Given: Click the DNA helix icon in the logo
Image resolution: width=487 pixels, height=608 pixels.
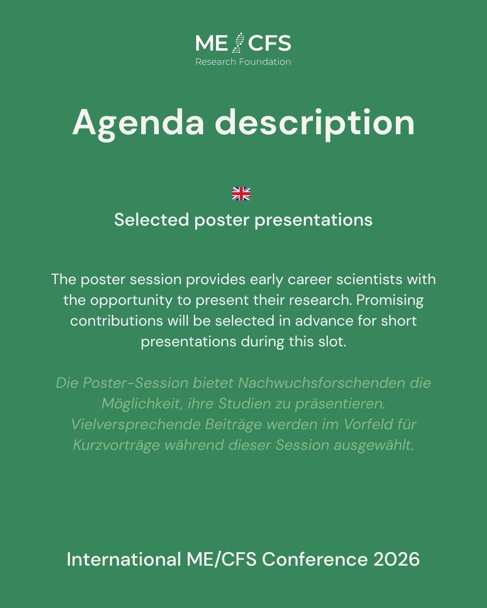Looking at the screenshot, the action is click(238, 43).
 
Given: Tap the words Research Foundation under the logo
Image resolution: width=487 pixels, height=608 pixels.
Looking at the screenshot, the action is click(243, 62).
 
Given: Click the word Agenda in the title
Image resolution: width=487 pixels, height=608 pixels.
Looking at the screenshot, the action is click(138, 124).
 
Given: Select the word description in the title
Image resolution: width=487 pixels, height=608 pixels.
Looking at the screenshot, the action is click(315, 124).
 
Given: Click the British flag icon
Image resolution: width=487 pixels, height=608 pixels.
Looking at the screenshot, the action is click(241, 194).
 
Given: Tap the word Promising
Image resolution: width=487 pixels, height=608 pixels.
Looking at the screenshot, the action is click(390, 300).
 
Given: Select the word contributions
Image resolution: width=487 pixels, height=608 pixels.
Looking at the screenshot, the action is click(117, 321).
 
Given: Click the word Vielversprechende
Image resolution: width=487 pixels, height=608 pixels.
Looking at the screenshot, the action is click(136, 425).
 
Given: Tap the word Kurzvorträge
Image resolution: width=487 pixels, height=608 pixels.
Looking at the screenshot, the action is click(116, 445).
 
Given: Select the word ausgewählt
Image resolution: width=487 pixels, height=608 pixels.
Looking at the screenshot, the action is click(373, 445).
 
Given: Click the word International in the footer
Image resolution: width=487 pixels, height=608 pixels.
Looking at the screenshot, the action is click(124, 559).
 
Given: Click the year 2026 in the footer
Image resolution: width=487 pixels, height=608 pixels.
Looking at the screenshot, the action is click(396, 559).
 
